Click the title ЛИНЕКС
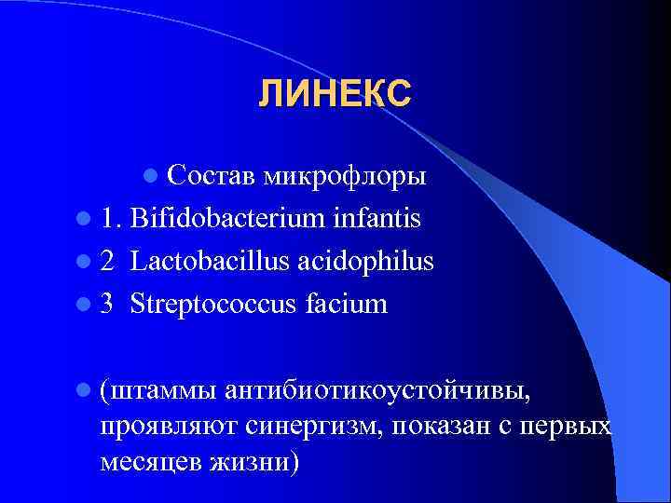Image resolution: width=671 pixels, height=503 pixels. (x=335, y=94)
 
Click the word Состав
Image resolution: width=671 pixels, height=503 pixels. (x=212, y=174)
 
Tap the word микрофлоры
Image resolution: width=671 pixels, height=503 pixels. (x=345, y=174)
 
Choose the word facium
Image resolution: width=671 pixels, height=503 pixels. (x=346, y=304)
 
